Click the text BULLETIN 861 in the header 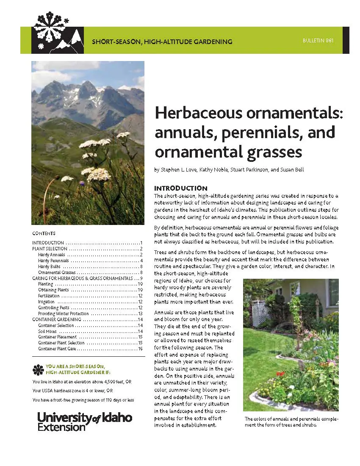pyautogui.click(x=318, y=41)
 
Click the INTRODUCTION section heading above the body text pyautogui.click(x=180, y=188)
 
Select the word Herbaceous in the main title pyautogui.click(x=196, y=114)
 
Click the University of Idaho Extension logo pyautogui.click(x=85, y=421)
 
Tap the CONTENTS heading pyautogui.click(x=44, y=233)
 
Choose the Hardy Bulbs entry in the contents pyautogui.click(x=49, y=266)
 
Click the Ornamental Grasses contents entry pyautogui.click(x=57, y=272)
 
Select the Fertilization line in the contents pyautogui.click(x=49, y=296)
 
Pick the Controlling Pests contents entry pyautogui.click(x=53, y=308)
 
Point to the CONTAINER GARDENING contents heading pyautogui.click(x=56, y=319)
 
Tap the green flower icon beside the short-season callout pyautogui.click(x=38, y=369)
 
